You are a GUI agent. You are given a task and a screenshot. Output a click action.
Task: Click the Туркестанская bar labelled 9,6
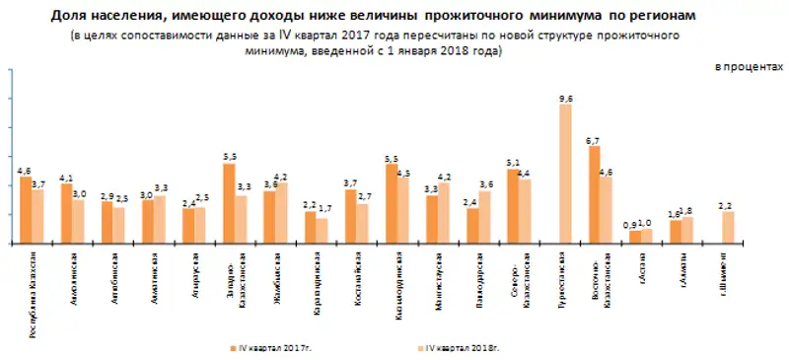tap(565, 174)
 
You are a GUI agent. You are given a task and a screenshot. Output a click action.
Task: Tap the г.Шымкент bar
tap(728, 228)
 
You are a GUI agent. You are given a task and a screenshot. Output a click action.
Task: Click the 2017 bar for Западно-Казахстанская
tap(229, 203)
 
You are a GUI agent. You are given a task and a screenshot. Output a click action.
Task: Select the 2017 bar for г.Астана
tap(635, 237)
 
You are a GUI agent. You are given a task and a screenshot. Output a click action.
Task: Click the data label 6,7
tap(594, 140)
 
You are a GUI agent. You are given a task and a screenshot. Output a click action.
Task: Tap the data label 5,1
tap(512, 163)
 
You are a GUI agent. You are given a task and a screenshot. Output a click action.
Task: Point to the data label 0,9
tap(633, 225)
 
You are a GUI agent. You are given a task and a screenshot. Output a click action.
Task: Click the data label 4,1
tap(66, 178)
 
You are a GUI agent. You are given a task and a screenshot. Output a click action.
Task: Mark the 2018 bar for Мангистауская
tap(444, 213)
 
